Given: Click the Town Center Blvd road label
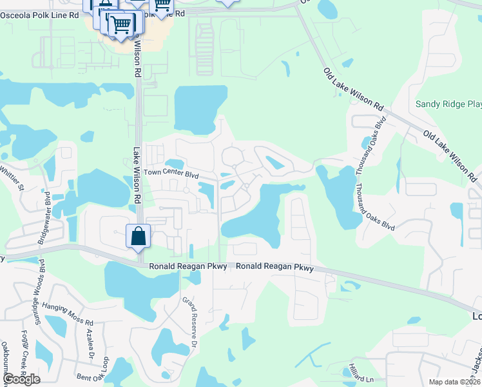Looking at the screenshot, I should click(170, 174).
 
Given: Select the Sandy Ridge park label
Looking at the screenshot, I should click(448, 104).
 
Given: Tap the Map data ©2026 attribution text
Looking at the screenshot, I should click(454, 382).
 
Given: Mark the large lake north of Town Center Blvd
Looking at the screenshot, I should click(200, 107).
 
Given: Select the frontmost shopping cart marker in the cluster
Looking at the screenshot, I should click(121, 26).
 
